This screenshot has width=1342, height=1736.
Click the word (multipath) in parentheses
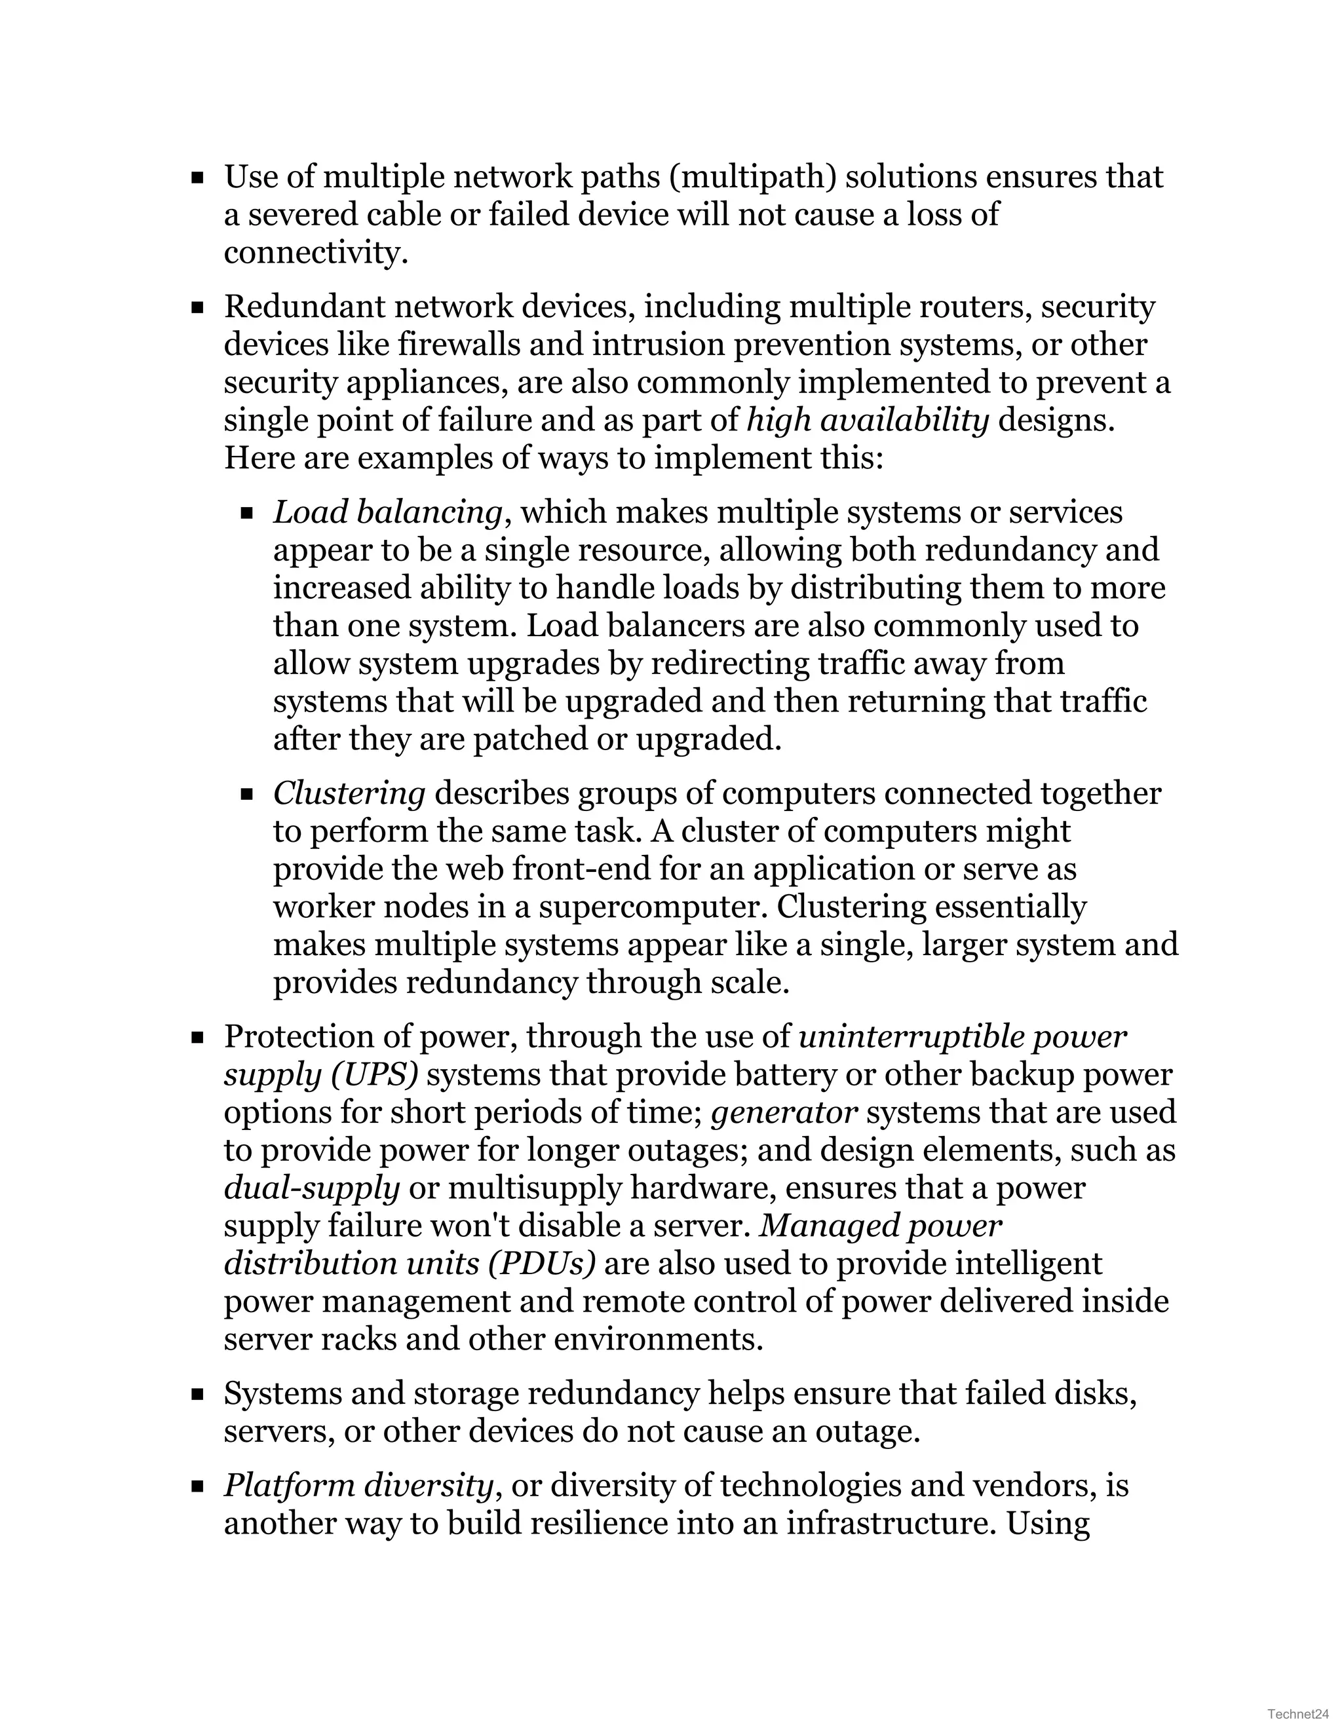pyautogui.click(x=752, y=176)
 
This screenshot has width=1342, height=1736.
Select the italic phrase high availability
pyautogui.click(x=868, y=421)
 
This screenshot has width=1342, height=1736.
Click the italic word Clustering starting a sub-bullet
pyautogui.click(x=349, y=793)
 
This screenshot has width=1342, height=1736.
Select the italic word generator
pyautogui.click(x=784, y=1112)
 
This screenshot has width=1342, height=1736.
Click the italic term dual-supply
pyautogui.click(x=311, y=1188)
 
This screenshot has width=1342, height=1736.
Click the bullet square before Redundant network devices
pyautogui.click(x=198, y=308)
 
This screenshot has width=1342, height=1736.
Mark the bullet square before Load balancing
pyautogui.click(x=247, y=514)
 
